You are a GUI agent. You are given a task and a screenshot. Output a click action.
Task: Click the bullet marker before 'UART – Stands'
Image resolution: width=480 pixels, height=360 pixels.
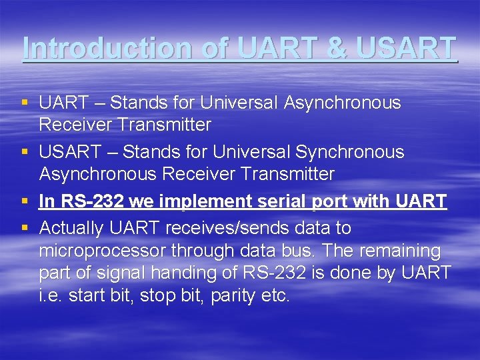(25, 103)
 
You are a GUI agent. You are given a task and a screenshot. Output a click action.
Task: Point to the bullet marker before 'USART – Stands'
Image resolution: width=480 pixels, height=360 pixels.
(25, 152)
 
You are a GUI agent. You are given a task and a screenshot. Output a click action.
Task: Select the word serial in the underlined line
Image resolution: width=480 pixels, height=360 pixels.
(280, 201)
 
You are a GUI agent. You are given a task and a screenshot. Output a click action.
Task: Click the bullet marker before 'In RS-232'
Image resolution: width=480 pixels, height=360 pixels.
(25, 201)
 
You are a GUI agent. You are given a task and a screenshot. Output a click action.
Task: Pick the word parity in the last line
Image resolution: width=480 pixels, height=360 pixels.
(233, 295)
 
